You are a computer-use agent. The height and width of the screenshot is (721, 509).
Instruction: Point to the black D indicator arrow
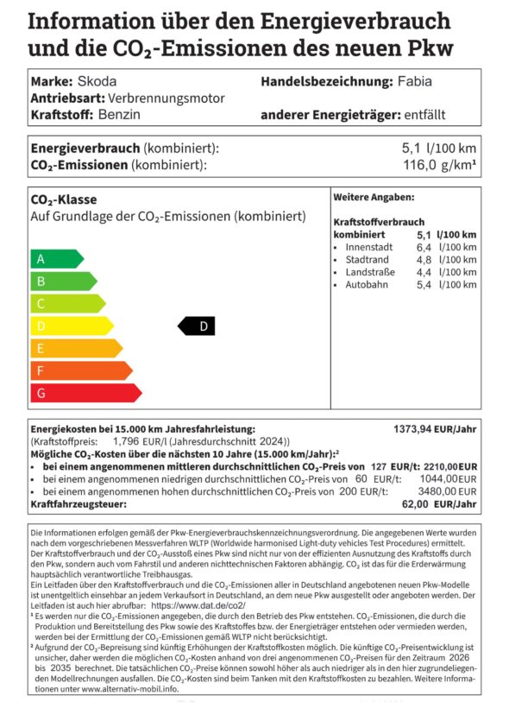click(197, 326)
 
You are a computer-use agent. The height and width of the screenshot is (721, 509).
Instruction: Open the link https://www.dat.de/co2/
click(198, 606)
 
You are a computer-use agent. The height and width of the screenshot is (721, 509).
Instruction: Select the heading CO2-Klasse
click(64, 199)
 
